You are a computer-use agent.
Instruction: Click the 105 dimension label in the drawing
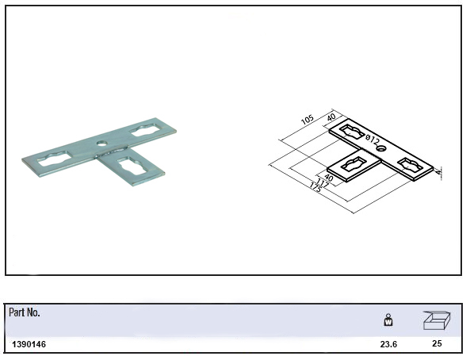308,120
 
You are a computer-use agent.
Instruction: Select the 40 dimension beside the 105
331,117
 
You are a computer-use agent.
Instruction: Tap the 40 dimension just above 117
329,178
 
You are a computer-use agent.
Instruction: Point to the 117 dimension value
323,182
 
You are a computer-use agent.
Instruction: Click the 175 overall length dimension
315,188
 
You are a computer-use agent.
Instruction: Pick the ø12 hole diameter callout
373,140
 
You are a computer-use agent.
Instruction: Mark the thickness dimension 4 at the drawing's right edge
439,173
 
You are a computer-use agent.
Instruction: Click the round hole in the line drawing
381,148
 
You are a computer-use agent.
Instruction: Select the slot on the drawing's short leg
353,165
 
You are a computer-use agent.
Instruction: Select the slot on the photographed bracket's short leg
132,166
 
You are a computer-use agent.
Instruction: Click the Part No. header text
25,312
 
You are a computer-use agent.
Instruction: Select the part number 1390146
29,344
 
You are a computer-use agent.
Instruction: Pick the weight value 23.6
388,344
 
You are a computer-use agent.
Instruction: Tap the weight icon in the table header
388,320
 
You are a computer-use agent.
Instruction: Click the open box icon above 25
437,320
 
